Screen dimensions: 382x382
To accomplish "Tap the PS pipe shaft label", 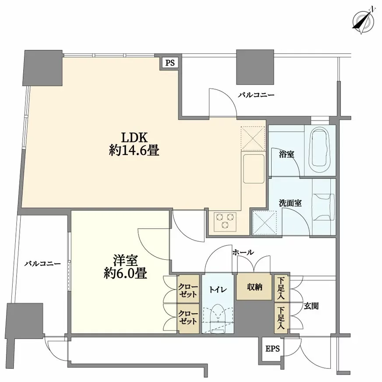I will point(170,63).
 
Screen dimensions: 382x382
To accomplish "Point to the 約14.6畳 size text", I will point(134,151).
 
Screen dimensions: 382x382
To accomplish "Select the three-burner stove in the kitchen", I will point(225,220).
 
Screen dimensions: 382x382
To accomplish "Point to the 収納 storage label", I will point(254,287).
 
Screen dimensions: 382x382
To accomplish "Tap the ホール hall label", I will point(243,252).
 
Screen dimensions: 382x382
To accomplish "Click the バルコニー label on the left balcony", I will point(42,264).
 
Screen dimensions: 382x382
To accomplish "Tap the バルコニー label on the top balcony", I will point(256,94).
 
